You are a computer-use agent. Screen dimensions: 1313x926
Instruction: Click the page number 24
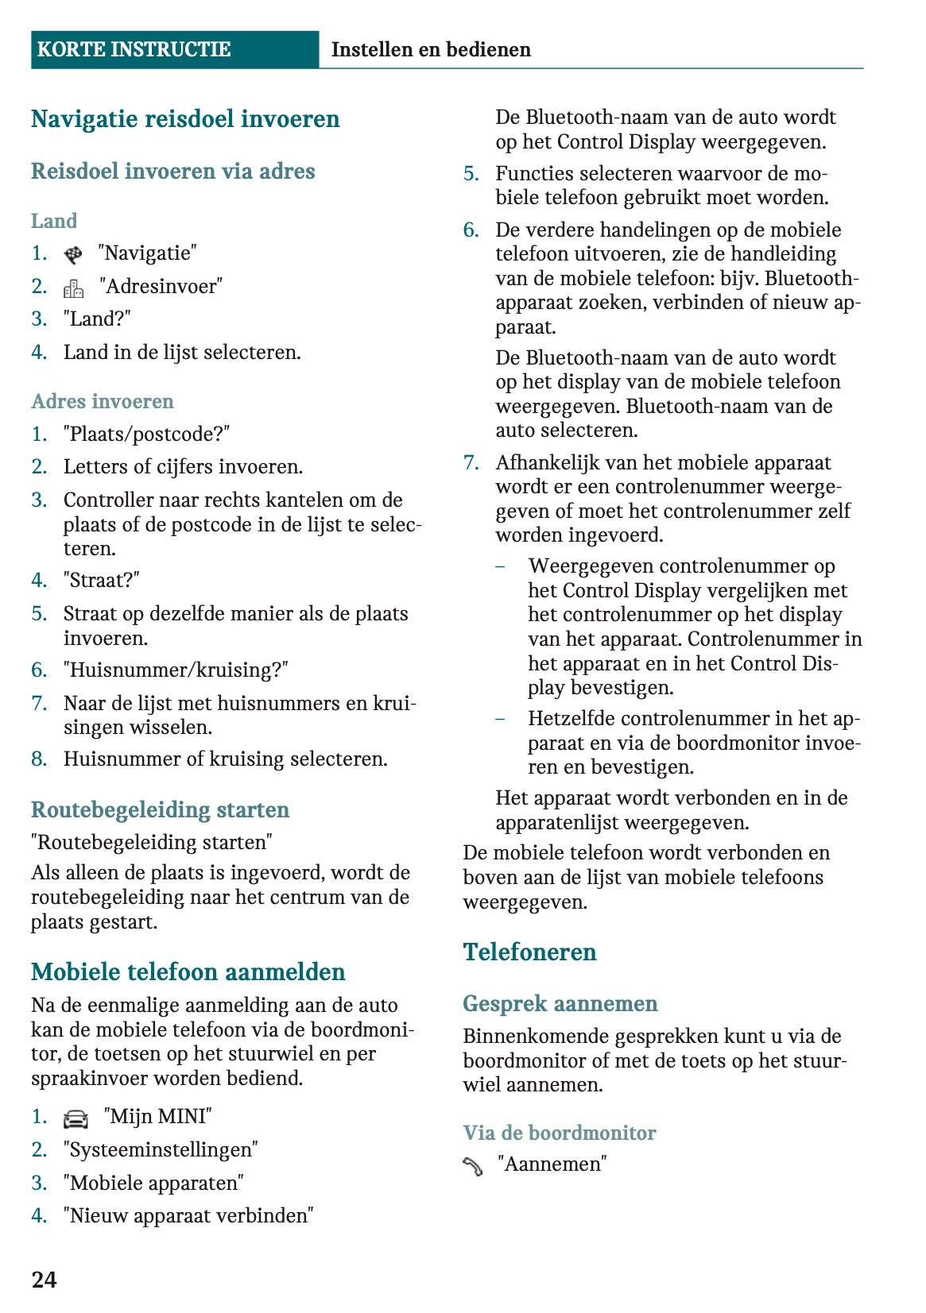44,1279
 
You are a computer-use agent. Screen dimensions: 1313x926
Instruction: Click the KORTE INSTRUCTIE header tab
134,49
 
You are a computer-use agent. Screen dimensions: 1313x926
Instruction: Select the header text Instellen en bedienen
430,49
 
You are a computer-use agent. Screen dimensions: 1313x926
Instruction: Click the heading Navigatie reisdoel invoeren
185,119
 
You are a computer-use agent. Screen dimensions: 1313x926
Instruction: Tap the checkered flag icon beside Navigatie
73,255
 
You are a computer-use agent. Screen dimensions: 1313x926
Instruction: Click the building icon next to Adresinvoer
74,288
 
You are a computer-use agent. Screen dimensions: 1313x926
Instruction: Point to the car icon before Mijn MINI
76,1118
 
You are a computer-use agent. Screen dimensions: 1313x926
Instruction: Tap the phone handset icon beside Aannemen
473,1166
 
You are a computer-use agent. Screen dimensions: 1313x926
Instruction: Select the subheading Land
54,221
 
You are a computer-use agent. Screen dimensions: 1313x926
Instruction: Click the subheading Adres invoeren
102,401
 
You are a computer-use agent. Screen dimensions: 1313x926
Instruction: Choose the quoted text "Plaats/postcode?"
146,434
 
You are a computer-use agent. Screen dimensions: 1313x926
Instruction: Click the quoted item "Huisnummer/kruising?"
176,670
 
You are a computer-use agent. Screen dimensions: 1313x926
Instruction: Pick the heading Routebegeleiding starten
160,809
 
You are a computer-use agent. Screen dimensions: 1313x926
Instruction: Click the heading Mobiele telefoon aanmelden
188,971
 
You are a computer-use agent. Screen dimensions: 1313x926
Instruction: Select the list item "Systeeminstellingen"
161,1149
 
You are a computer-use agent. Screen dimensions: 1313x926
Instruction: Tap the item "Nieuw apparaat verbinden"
188,1215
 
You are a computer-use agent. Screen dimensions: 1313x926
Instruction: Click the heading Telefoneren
529,952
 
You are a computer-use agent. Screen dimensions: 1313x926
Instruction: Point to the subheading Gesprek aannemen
560,1003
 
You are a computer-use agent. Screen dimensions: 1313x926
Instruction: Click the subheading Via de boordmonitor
560,1133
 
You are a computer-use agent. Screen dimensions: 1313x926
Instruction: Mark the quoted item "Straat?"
101,581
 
